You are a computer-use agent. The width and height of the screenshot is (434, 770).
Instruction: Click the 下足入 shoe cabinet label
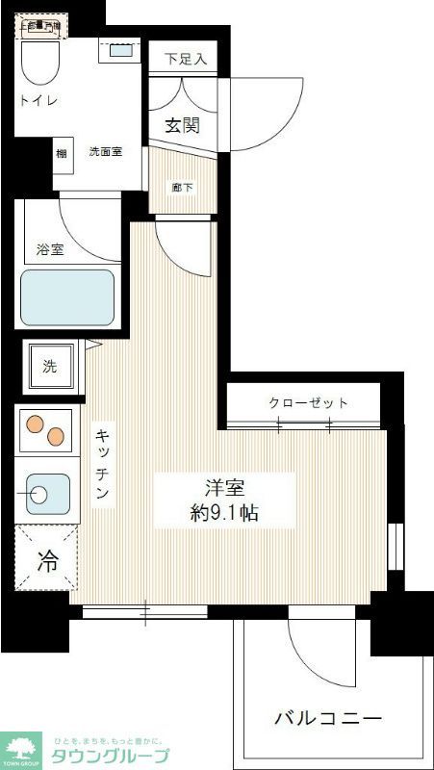[x=186, y=60]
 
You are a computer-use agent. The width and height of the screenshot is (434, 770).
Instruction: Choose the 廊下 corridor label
[x=181, y=188]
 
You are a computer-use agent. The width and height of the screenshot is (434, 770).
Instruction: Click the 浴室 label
[x=50, y=249]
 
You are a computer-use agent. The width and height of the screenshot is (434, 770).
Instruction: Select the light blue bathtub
[x=66, y=298]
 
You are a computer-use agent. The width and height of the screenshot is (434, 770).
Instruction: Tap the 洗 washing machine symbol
[x=48, y=366]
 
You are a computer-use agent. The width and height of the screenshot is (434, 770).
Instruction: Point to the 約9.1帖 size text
[x=224, y=513]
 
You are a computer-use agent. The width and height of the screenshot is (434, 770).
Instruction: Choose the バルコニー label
[x=328, y=718]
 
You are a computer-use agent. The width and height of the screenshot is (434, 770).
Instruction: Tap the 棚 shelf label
[x=62, y=153]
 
